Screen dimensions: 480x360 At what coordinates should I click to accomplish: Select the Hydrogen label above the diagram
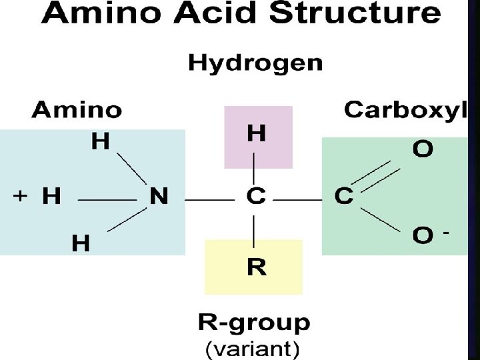coord(255,63)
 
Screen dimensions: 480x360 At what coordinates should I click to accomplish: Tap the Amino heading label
coord(77,109)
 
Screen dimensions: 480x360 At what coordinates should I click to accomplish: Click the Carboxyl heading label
coord(405,110)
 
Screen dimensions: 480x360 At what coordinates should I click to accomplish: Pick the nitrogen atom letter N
coord(159,197)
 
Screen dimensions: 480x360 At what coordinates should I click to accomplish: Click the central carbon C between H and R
coord(256,197)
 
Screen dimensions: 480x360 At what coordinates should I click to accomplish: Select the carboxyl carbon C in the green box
coord(344,197)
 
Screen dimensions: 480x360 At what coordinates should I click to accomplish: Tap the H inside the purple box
coord(256,134)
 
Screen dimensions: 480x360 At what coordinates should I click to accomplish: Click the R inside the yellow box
coord(257,267)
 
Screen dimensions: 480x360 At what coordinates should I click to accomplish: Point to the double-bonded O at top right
coord(423,149)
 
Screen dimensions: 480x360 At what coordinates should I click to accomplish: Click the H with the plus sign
coord(51,197)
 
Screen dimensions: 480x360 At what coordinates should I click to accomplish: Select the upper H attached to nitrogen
coord(101,142)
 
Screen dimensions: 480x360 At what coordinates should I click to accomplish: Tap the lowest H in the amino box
coord(81,243)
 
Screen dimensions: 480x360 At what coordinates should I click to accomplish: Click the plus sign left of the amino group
coord(21,196)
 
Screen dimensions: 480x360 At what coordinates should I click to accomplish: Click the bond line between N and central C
coord(206,199)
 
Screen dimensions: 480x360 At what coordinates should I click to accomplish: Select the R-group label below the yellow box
coord(254,324)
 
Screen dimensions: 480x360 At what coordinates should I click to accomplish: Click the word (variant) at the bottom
coord(252,348)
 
